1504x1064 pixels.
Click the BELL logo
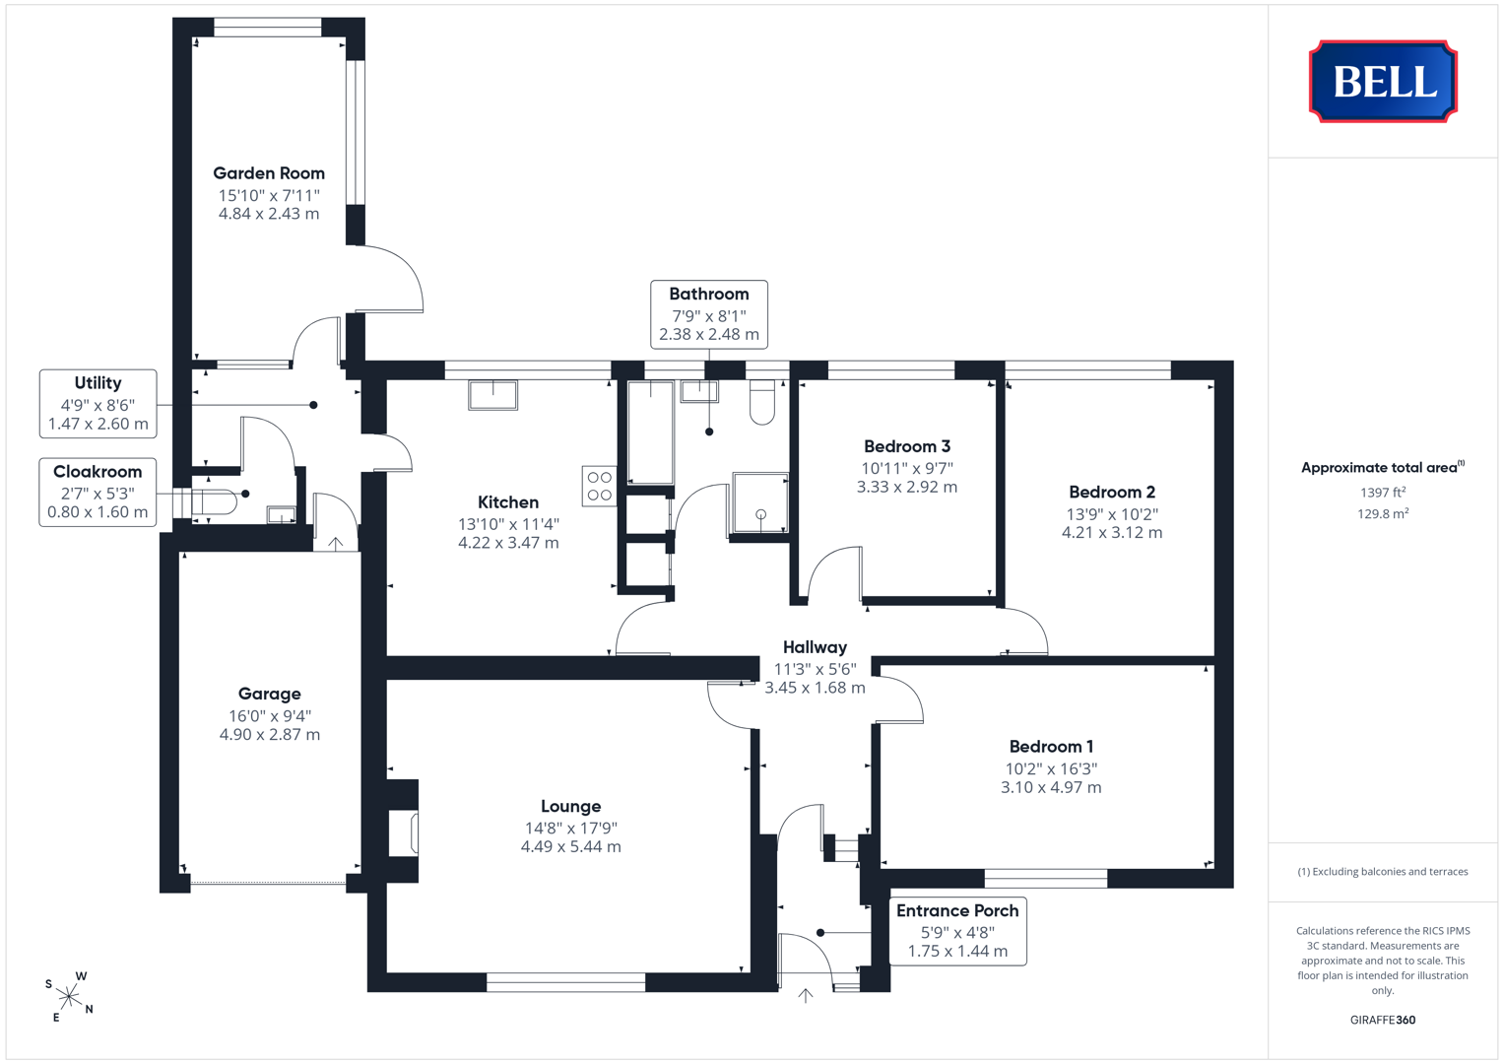1383,81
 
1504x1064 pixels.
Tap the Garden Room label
269,173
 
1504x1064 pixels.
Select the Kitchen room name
507,502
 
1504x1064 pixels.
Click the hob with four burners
600,487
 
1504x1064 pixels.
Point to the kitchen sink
492,395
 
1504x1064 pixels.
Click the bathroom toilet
762,402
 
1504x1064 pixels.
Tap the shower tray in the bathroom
760,503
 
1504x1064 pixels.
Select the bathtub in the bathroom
651,432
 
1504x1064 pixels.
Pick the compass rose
69,997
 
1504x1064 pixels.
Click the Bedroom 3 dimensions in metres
906,487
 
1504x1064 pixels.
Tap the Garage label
269,694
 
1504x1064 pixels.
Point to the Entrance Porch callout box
957,931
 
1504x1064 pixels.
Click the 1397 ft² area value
1383,493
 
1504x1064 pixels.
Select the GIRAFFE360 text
1383,1020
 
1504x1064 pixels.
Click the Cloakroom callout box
98,493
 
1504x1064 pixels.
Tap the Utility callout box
98,404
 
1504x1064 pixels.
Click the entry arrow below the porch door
806,995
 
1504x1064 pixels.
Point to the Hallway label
816,647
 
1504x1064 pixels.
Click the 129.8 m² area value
1383,514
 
